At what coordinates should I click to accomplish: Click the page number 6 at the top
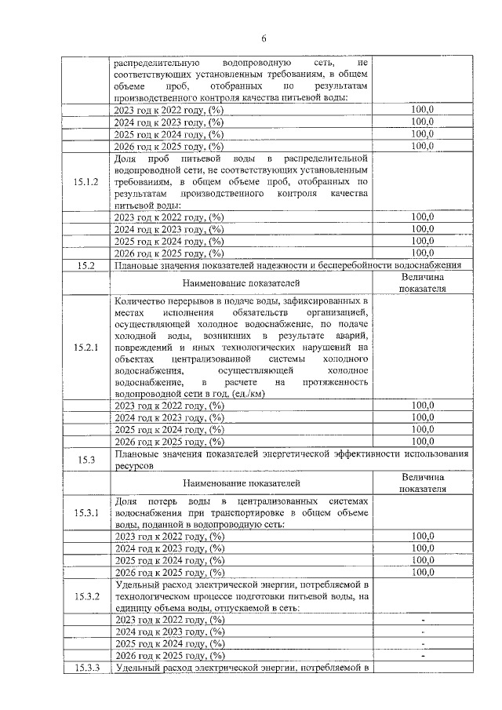(x=264, y=38)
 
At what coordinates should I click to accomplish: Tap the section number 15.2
(x=86, y=266)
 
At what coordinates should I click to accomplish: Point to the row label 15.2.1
(x=86, y=347)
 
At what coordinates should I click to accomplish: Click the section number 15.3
(x=86, y=460)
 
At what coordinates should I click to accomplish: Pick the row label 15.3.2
(x=86, y=595)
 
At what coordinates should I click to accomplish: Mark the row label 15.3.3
(x=86, y=668)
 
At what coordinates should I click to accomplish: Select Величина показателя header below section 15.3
(x=423, y=482)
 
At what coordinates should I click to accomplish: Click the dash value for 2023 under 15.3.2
(x=423, y=620)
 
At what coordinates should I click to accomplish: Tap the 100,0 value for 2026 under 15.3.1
(x=423, y=572)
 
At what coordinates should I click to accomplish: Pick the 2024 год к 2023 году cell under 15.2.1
(x=169, y=417)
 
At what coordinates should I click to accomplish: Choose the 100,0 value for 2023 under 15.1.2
(x=423, y=217)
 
